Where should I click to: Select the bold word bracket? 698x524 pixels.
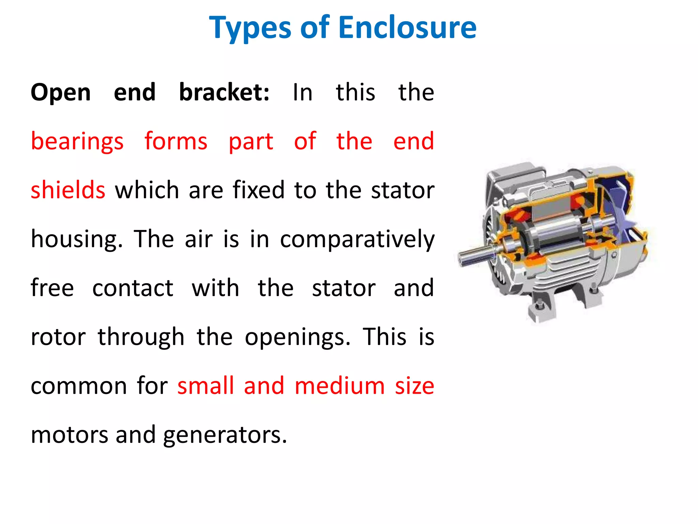point(224,93)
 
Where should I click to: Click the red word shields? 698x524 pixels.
point(68,190)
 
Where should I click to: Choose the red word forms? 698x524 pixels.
point(176,141)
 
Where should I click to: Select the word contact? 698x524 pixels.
point(133,288)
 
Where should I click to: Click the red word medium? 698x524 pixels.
point(339,386)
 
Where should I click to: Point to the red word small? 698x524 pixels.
point(206,386)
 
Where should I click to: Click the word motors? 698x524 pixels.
point(70,435)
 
